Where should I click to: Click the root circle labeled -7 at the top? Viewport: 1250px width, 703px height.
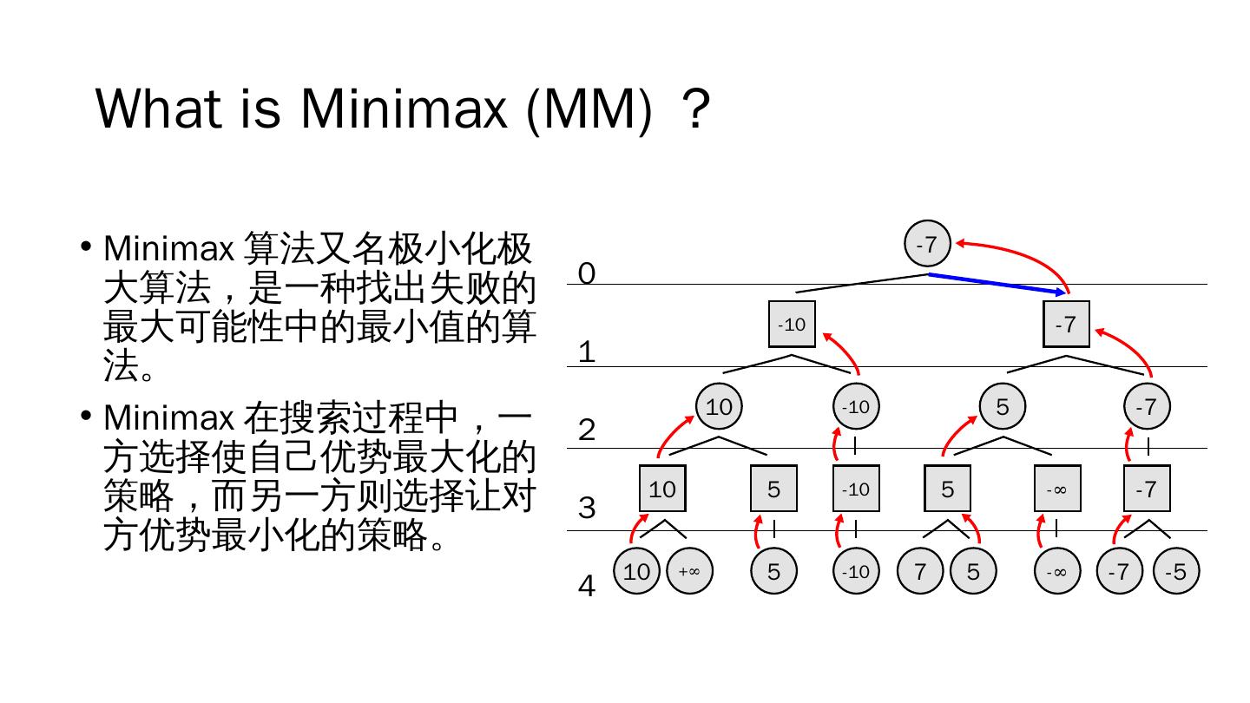927,245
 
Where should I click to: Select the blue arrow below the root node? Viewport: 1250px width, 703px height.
998,284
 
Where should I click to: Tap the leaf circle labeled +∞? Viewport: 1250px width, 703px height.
689,572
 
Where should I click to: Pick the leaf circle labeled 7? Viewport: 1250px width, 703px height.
920,572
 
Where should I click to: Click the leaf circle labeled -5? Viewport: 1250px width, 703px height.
1175,572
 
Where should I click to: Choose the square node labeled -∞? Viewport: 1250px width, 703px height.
1056,489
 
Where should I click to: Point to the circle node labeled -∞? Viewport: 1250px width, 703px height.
1056,572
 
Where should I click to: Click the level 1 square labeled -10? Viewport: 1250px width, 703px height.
792,325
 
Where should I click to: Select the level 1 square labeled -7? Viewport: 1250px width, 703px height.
1065,325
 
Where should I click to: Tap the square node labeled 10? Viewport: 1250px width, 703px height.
662,489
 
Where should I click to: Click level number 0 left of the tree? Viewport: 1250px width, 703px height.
587,273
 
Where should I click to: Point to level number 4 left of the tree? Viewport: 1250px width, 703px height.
587,587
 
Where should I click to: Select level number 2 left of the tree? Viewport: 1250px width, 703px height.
587,430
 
